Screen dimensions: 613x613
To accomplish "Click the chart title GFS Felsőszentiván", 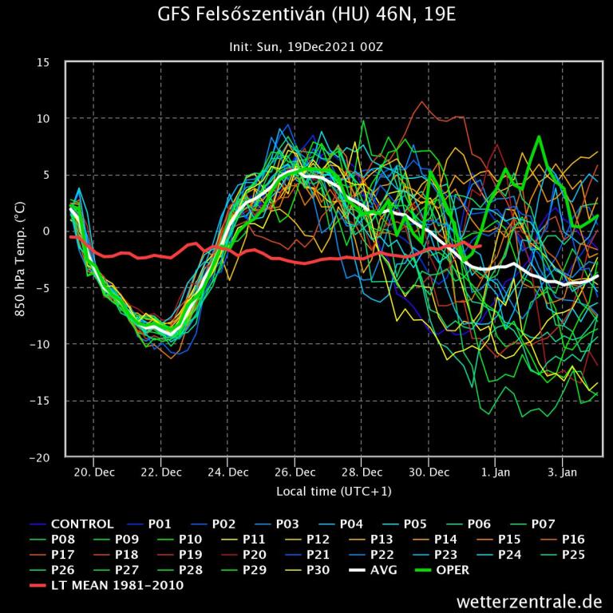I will click(306, 15).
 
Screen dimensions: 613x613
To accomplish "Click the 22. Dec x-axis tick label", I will click(160, 472).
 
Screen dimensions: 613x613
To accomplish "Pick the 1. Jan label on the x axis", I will click(495, 472).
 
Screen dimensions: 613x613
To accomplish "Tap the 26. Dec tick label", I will click(295, 472).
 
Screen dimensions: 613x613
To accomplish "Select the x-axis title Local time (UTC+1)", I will click(334, 491).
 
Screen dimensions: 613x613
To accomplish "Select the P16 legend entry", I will click(573, 540).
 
